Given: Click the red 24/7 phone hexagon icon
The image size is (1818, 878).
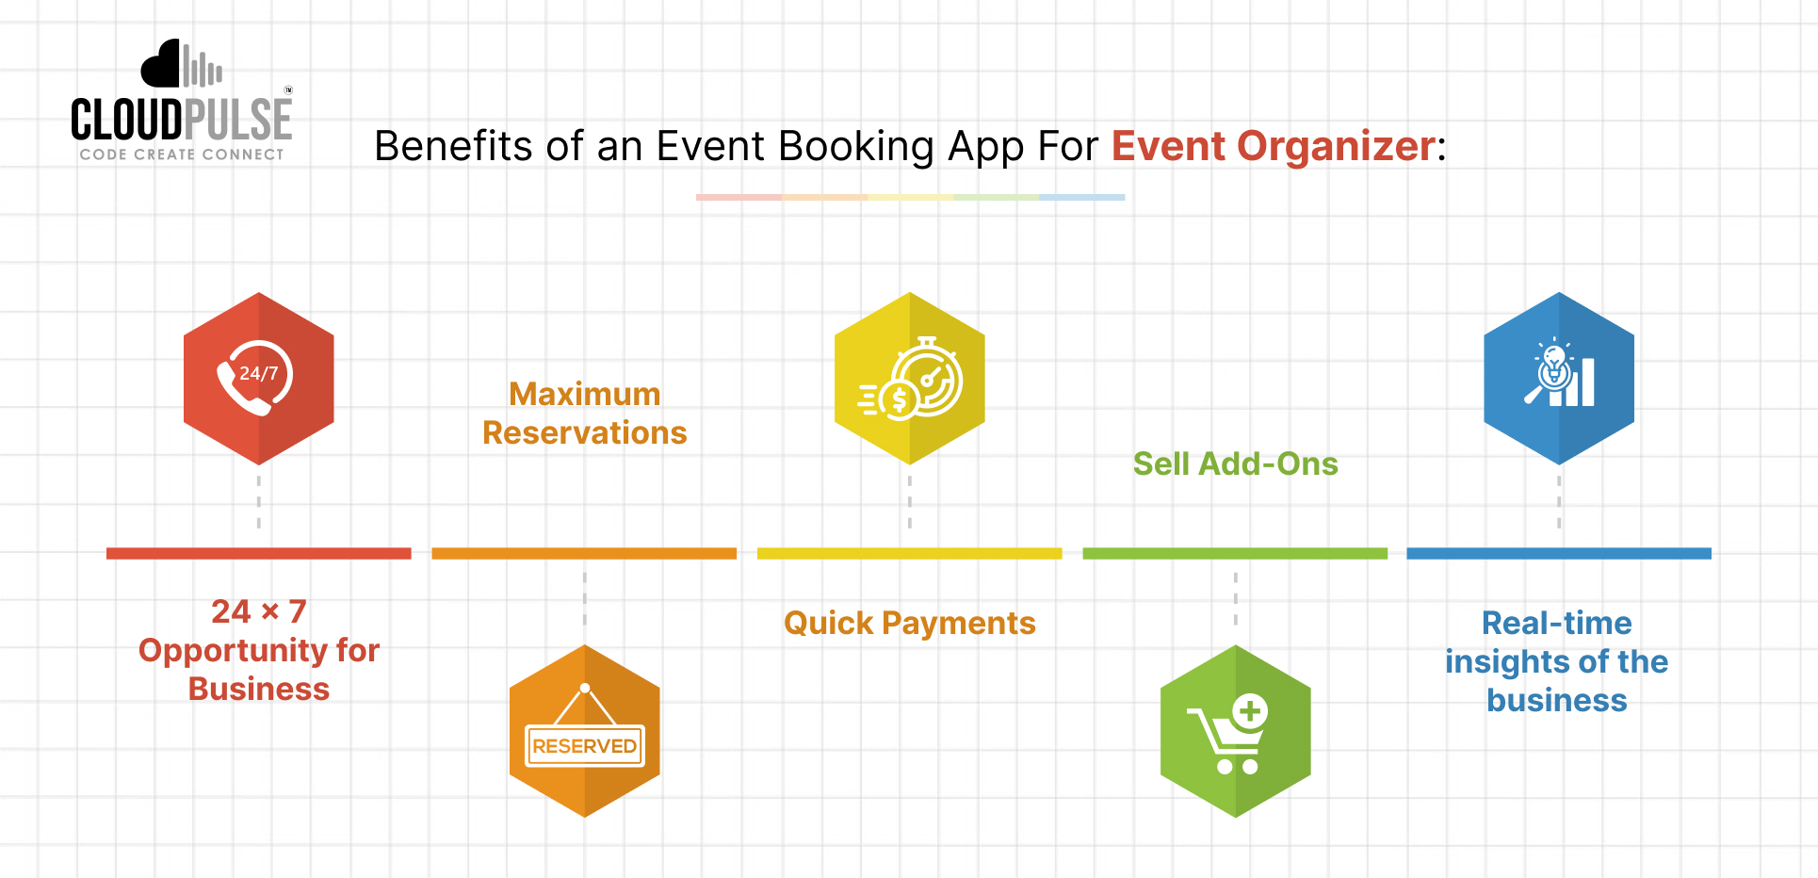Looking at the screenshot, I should pyautogui.click(x=259, y=378).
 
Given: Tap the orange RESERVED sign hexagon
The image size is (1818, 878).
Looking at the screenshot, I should pyautogui.click(x=584, y=731).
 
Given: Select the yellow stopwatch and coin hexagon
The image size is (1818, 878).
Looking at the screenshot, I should pyautogui.click(x=910, y=378).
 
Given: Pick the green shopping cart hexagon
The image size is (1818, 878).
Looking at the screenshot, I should pyautogui.click(x=1235, y=731).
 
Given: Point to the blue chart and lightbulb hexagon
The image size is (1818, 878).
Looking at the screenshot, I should pyautogui.click(x=1559, y=378).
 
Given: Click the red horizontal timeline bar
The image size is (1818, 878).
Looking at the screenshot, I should pyautogui.click(x=259, y=554).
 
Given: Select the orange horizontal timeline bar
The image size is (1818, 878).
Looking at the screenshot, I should pyautogui.click(x=584, y=554).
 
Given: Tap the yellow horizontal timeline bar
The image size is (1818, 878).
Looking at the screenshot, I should pyautogui.click(x=910, y=554).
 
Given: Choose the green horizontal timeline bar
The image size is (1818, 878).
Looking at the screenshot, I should pyautogui.click(x=1235, y=554).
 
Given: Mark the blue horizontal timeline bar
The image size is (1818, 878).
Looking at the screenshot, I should pyautogui.click(x=1559, y=554).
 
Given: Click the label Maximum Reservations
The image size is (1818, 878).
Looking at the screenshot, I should pyautogui.click(x=584, y=414).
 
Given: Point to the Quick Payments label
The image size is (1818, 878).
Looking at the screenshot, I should pyautogui.click(x=910, y=624).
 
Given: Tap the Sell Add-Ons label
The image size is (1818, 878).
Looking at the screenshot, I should pyautogui.click(x=1235, y=463).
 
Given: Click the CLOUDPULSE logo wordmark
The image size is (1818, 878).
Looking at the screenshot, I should pyautogui.click(x=182, y=121).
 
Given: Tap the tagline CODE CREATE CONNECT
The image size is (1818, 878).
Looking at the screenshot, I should pyautogui.click(x=182, y=154).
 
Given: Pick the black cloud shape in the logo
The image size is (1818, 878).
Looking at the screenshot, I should pyautogui.click(x=160, y=65).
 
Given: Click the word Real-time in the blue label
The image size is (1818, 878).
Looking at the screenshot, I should pyautogui.click(x=1556, y=624).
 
